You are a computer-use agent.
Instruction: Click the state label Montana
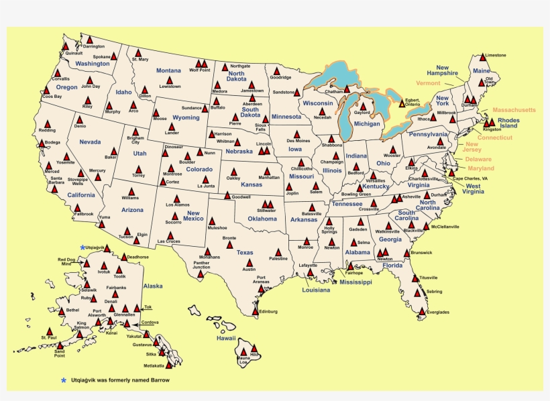pos(168,70)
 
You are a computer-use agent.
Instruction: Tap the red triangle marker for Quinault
pos(66,47)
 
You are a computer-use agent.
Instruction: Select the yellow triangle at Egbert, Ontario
pos(402,104)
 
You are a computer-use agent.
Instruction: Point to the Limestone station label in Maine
pos(495,55)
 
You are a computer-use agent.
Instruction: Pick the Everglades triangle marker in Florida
pos(422,312)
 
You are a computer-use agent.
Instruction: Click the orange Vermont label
pos(428,83)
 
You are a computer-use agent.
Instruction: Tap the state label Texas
pos(244,253)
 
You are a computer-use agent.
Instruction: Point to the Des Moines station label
pos(298,141)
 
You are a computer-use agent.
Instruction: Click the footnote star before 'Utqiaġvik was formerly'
pos(64,380)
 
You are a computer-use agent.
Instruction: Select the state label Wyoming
pos(186,117)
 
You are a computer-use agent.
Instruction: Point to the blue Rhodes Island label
pos(508,123)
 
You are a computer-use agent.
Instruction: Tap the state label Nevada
pos(90,142)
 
